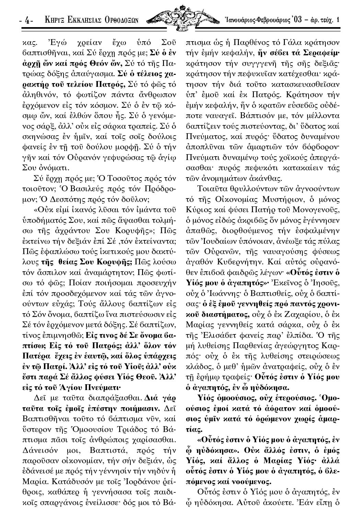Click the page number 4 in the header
(x=26, y=21)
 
